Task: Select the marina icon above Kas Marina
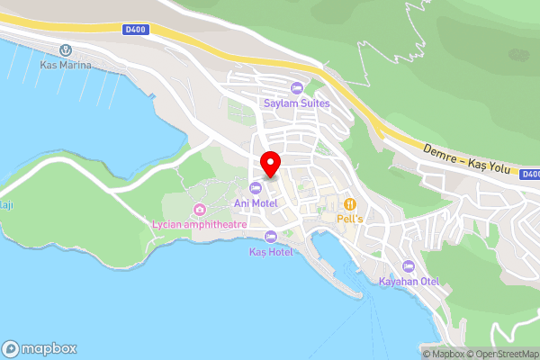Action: (x=64, y=50)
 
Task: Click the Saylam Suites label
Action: (x=296, y=103)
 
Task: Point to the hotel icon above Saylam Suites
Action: (x=296, y=88)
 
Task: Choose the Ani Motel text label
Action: (x=256, y=203)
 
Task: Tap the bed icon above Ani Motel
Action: (x=256, y=188)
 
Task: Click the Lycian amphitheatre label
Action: (x=199, y=223)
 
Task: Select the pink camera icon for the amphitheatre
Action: (x=199, y=209)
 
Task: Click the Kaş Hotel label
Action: (x=271, y=251)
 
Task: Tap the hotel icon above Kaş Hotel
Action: (x=271, y=236)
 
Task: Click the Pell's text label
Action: (x=349, y=219)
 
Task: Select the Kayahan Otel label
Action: (x=409, y=282)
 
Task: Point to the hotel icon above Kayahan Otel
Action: (x=409, y=266)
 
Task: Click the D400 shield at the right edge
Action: (x=530, y=175)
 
